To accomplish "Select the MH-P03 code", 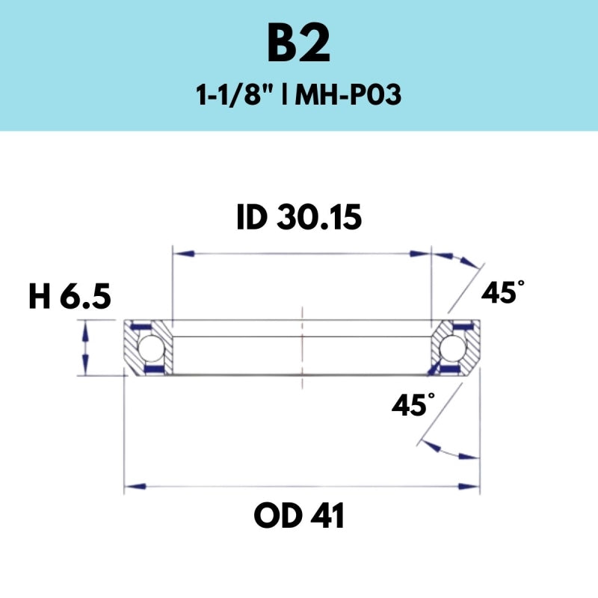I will coord(348,96).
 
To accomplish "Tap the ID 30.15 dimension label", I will coord(299,218).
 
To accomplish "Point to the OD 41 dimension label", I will coord(299,516).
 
